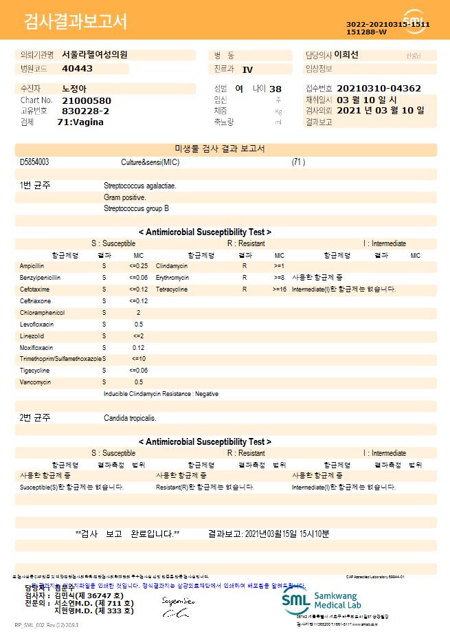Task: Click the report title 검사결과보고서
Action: [76, 21]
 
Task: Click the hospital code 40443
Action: [77, 69]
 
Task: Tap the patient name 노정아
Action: [74, 89]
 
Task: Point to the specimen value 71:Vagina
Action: [80, 122]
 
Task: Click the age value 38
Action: [275, 89]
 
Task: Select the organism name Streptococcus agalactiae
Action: [139, 186]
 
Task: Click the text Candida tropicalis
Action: [130, 417]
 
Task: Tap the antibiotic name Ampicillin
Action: [32, 265]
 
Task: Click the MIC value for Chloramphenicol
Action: [139, 312]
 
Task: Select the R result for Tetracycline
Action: [244, 289]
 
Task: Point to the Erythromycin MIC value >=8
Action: [279, 277]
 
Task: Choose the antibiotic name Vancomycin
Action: [34, 382]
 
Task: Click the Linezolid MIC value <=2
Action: [139, 336]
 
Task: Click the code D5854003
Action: [34, 162]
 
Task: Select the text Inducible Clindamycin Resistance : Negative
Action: [161, 394]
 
